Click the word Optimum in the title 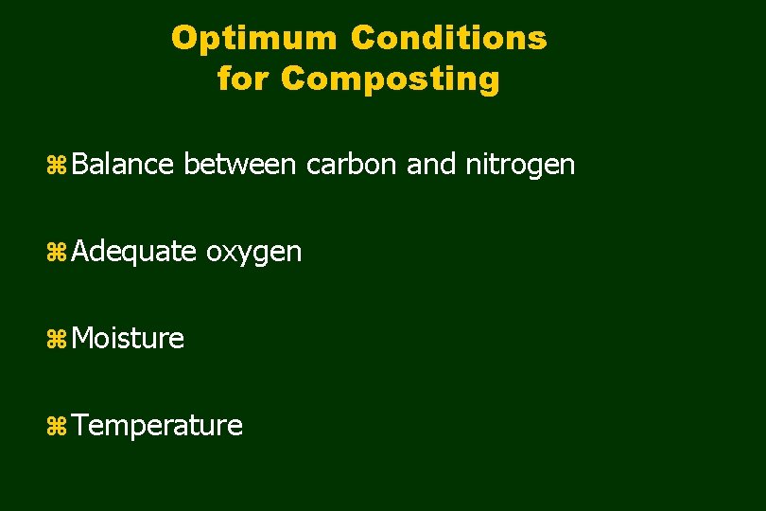[x=254, y=39]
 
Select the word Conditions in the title [x=448, y=39]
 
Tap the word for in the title [x=244, y=79]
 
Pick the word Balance [x=122, y=165]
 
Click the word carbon [x=352, y=165]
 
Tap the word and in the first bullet [x=431, y=165]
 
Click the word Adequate [x=133, y=253]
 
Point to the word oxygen [x=253, y=254]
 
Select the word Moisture [x=128, y=339]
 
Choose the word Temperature [x=157, y=427]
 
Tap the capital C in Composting [x=293, y=79]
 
